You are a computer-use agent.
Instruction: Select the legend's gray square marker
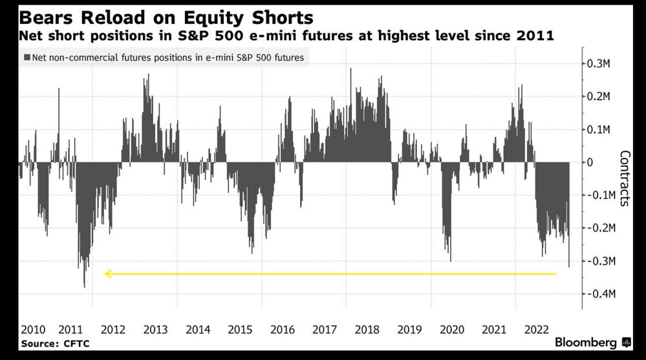pos(27,58)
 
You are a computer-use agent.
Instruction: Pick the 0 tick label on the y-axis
pos(590,162)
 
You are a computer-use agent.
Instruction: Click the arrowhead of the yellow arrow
pos(108,274)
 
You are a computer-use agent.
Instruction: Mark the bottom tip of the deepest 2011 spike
pos(85,288)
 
